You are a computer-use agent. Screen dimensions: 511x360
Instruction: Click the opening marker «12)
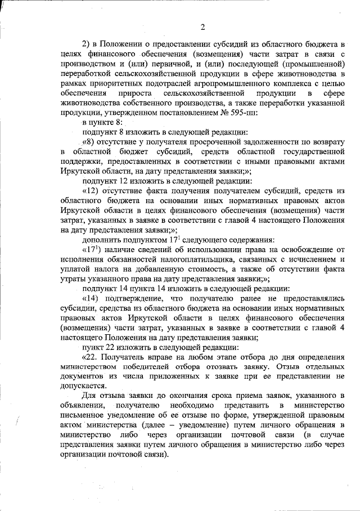click(x=92, y=191)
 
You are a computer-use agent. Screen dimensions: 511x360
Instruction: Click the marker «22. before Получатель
click(x=91, y=357)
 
